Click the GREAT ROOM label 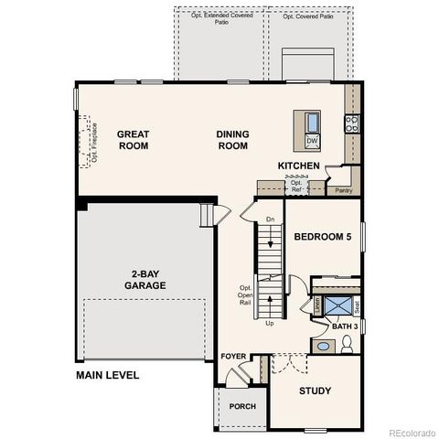tap(133, 140)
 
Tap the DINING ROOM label tap(232, 140)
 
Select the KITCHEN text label tap(299, 166)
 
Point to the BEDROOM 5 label tap(322, 237)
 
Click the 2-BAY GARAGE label tap(145, 279)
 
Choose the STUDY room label tap(316, 391)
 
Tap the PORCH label tap(242, 406)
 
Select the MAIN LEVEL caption tap(108, 375)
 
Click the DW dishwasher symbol tap(312, 140)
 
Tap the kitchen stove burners tap(350, 123)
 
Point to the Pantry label tap(344, 190)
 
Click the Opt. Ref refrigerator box tap(296, 186)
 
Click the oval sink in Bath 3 tap(322, 347)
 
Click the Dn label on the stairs tap(270, 219)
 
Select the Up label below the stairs tap(269, 323)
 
